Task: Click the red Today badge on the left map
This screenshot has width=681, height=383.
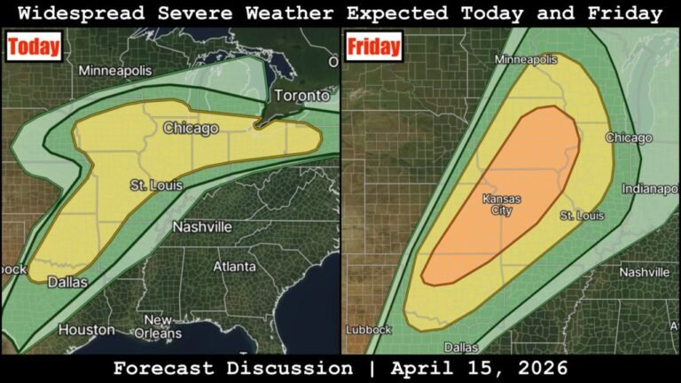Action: pyautogui.click(x=35, y=47)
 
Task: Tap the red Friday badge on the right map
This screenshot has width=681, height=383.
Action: pyautogui.click(x=373, y=46)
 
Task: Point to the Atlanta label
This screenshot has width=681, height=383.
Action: pyautogui.click(x=235, y=266)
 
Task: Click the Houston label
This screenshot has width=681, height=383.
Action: pyautogui.click(x=86, y=330)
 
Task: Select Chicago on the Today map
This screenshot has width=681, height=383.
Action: pyautogui.click(x=191, y=129)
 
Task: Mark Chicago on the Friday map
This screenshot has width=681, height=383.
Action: pyautogui.click(x=629, y=138)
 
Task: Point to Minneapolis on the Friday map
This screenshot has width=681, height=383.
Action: pyautogui.click(x=525, y=59)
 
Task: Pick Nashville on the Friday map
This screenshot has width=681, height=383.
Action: pyautogui.click(x=645, y=272)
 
